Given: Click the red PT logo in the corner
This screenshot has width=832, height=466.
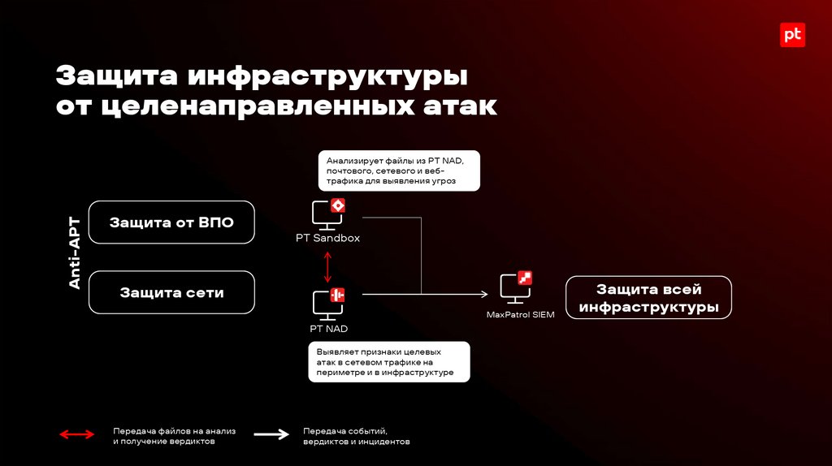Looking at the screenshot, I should click(792, 35).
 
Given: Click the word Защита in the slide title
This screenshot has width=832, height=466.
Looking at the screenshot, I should click(115, 78).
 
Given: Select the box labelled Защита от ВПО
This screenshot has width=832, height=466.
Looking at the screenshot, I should click(171, 222).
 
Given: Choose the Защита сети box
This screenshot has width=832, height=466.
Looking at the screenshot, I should click(171, 292).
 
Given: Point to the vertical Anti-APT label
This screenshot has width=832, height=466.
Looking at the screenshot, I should click(74, 252).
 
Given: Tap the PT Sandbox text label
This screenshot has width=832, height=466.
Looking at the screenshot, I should click(327, 239).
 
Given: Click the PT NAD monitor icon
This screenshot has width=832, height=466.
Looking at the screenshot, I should click(328, 304).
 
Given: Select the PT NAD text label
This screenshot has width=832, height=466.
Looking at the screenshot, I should click(328, 329).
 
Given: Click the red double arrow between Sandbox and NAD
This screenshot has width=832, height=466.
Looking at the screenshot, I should click(328, 265).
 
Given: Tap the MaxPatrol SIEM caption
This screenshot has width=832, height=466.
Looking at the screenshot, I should click(521, 315).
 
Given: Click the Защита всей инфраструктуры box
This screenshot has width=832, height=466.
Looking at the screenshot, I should click(648, 298).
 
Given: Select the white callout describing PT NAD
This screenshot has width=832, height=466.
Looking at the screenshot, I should click(389, 362).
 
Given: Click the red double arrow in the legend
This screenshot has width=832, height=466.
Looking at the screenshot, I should click(77, 435).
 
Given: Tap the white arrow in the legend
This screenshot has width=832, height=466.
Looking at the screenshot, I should click(271, 435).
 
